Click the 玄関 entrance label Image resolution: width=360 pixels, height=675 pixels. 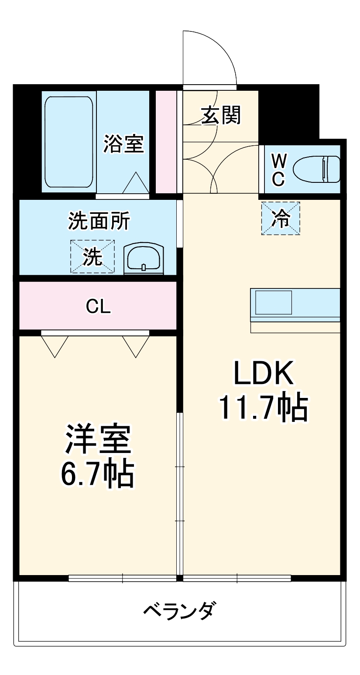(221, 115)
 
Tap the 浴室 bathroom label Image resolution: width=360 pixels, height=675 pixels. (123, 144)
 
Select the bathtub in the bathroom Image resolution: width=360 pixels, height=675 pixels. (69, 142)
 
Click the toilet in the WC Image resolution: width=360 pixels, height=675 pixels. (316, 169)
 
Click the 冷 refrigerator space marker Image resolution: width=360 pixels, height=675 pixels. (281, 219)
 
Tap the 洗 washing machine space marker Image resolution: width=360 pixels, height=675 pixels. (93, 257)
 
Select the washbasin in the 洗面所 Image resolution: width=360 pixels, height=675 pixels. (144, 259)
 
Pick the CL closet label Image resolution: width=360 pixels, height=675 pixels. (98, 307)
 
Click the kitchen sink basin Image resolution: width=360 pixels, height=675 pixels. (274, 302)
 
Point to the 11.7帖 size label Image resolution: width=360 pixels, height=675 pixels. (264, 408)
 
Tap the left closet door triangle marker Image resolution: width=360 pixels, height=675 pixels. (55, 346)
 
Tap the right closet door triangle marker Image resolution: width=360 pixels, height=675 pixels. (136, 346)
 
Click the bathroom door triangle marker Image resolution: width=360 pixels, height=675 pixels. (136, 183)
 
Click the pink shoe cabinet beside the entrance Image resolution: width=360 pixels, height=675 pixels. (166, 142)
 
